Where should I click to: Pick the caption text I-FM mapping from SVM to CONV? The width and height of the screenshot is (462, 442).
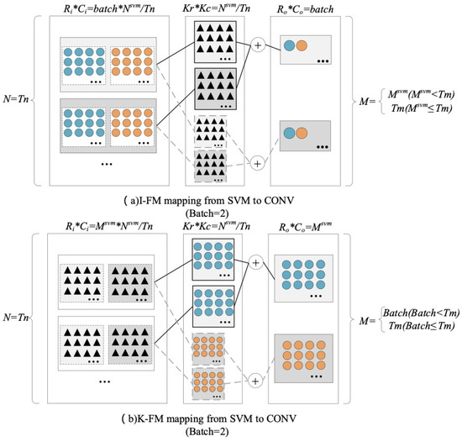coord(231,199)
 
